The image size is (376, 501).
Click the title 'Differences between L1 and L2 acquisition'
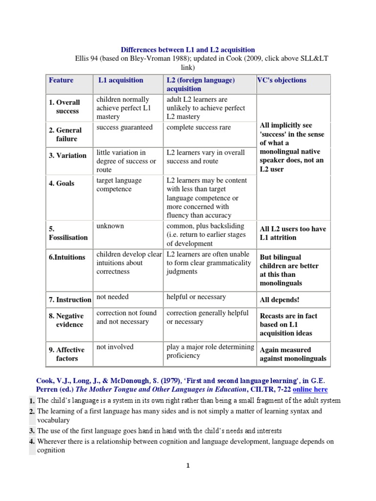(188, 50)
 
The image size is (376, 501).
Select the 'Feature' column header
(61, 80)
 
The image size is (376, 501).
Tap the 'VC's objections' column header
(282, 80)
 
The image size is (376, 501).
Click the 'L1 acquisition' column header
(121, 80)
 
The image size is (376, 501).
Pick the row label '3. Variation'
(68, 156)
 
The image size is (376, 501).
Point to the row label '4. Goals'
(62, 183)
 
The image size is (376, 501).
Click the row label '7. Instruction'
(70, 300)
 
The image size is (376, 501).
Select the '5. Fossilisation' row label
(68, 233)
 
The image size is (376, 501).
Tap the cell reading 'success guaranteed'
(125, 128)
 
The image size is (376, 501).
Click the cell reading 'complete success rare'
(199, 128)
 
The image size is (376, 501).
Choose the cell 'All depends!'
(279, 299)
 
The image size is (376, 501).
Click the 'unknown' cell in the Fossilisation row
(110, 226)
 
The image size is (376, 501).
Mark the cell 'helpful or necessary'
(196, 297)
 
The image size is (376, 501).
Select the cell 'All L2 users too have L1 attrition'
(293, 233)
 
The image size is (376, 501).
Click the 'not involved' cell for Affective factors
(115, 347)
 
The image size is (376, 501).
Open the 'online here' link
(310, 389)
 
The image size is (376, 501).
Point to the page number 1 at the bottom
(188, 466)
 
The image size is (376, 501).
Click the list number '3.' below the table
(32, 431)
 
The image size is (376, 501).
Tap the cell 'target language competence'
(119, 185)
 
